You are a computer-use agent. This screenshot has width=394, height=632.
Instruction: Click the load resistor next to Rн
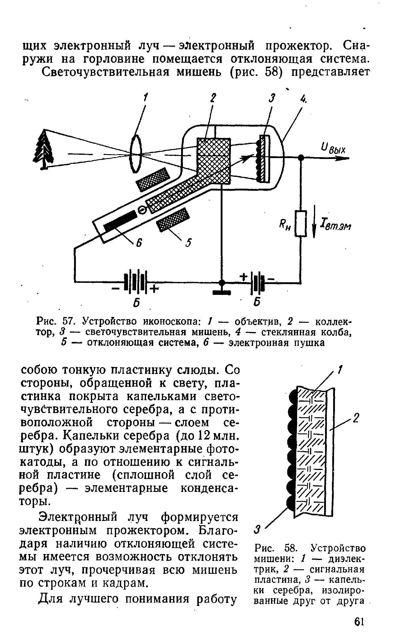pyautogui.click(x=301, y=224)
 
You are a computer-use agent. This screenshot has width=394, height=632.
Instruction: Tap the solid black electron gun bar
pyautogui.click(x=119, y=221)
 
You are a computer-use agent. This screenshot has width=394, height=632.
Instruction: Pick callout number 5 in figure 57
pyautogui.click(x=189, y=242)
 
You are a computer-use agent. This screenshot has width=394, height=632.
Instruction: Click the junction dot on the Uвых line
pyautogui.click(x=301, y=157)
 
